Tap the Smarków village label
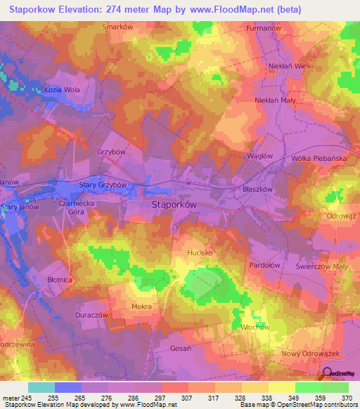tap(117, 27)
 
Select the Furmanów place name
tap(264, 29)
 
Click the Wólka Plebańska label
tap(319, 159)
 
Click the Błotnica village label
tap(59, 280)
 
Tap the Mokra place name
tap(141, 307)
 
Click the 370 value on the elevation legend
tap(346, 398)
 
